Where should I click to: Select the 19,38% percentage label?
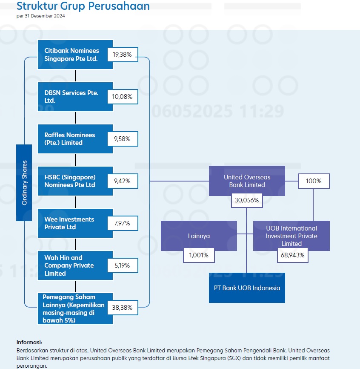pos(122,55)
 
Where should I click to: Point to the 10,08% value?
pos(122,97)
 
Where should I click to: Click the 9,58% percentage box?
pos(122,139)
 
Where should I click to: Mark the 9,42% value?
pos(122,181)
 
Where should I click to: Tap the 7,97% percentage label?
pos(122,223)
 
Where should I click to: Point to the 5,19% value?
pos(122,265)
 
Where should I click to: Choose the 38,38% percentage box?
pos(122,308)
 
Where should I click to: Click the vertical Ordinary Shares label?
pos(24,182)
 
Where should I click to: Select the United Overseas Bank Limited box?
pos(247,181)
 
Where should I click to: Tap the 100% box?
pos(314,181)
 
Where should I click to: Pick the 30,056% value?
pos(247,200)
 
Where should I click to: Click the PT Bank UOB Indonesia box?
pos(247,288)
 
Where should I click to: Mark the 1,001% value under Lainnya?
pos(199,255)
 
